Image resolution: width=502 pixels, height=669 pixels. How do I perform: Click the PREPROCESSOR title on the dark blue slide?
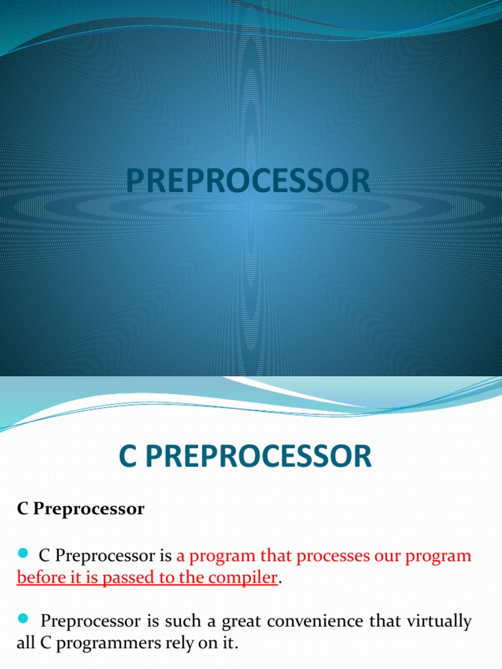point(248,181)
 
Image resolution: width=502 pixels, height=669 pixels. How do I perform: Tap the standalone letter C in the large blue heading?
point(127,457)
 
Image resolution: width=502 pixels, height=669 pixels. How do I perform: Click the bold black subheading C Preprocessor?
point(80,510)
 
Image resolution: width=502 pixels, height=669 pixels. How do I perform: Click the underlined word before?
point(39,578)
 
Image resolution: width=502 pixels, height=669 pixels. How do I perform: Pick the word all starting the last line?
point(25,644)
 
